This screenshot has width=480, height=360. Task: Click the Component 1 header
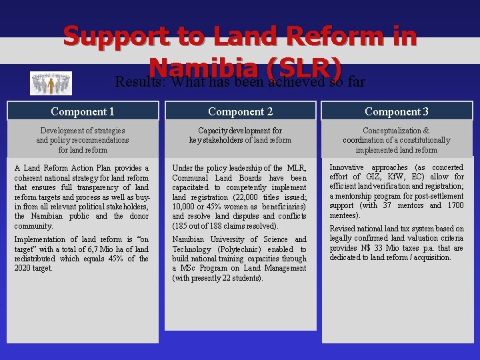83,111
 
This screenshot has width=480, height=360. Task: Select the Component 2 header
240,111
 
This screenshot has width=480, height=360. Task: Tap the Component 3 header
397,111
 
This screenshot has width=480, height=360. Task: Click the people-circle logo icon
51,83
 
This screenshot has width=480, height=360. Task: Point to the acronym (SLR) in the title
303,68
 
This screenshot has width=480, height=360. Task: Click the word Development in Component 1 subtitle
61,131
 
